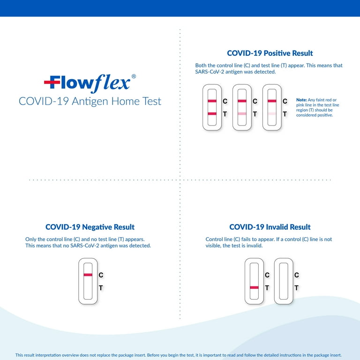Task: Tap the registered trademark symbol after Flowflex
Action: [x=134, y=76]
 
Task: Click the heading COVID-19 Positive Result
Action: [x=270, y=53]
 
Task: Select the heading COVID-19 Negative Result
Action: [x=90, y=227]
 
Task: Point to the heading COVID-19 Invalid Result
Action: [x=270, y=227]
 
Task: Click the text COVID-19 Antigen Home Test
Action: [x=90, y=101]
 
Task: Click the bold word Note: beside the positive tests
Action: [x=301, y=100]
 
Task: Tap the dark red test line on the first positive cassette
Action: [x=212, y=114]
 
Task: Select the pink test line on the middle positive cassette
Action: [x=242, y=114]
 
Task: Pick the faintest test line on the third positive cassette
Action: [x=272, y=114]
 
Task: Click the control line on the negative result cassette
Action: [x=88, y=275]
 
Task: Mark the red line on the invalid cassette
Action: [x=254, y=287]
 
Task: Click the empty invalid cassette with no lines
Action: [x=283, y=281]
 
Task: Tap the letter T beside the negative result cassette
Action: [x=100, y=288]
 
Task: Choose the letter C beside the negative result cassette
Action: [x=100, y=275]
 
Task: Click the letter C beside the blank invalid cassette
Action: [x=296, y=275]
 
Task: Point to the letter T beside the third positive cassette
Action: [x=285, y=114]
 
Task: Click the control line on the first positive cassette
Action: [x=212, y=101]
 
